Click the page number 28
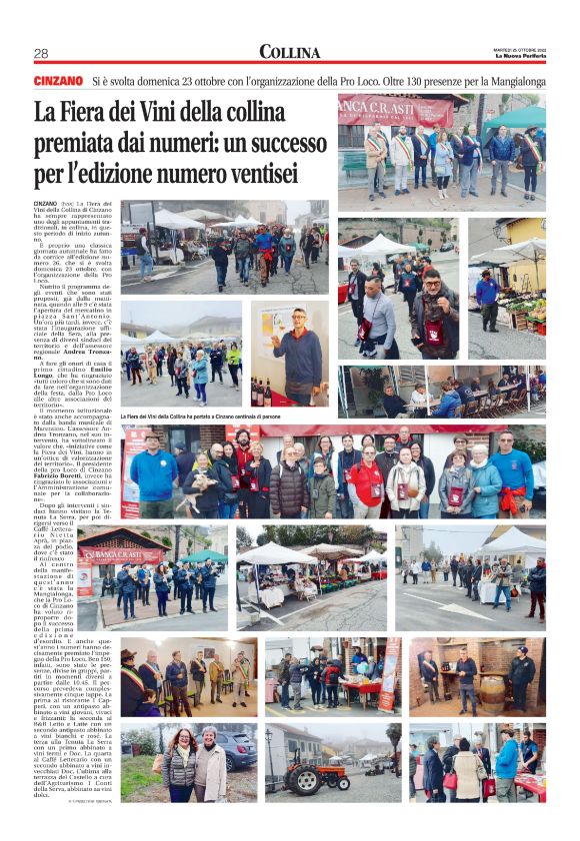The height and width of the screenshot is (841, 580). (x=41, y=54)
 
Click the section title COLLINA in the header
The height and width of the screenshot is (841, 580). (x=290, y=52)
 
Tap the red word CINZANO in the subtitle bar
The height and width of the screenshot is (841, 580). (x=57, y=80)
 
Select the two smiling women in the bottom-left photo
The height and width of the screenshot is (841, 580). (x=195, y=766)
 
